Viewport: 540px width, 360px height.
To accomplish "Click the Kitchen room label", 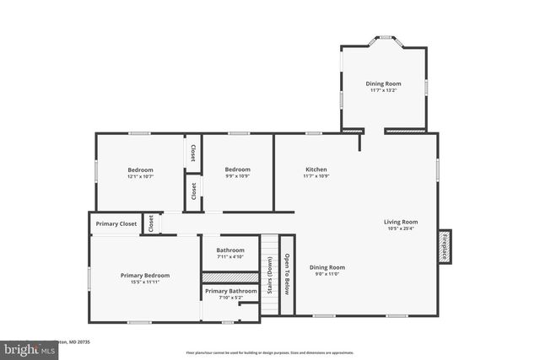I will [316, 169].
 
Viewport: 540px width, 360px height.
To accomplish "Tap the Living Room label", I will [402, 223].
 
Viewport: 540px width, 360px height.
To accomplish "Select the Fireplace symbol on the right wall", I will [445, 245].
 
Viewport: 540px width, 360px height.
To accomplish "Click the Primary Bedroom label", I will [144, 276].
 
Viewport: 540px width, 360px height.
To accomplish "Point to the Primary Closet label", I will [116, 224].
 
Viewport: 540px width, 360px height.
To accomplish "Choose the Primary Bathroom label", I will [230, 291].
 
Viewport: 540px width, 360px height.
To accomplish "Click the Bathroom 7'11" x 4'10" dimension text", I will [230, 256].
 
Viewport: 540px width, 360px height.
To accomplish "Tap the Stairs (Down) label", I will [269, 275].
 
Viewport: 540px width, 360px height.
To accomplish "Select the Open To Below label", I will [286, 275].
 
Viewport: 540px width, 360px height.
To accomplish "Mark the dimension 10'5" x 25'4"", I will [402, 228].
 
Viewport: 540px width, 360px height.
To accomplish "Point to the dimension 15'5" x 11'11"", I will [144, 282].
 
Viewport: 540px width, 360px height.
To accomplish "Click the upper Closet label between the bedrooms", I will [193, 153].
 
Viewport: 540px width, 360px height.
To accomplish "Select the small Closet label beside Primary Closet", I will [151, 224].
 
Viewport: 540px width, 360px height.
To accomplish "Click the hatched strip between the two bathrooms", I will [229, 277].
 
